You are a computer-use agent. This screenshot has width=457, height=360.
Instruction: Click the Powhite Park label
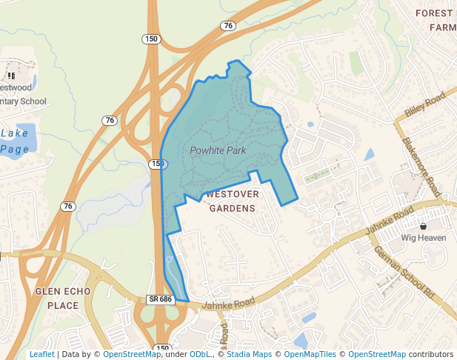point(217,150)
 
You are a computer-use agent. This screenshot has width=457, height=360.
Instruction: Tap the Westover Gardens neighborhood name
point(232,201)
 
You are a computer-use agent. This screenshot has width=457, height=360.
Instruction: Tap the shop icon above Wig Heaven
point(423,226)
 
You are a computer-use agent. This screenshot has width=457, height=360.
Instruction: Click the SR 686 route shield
point(159,299)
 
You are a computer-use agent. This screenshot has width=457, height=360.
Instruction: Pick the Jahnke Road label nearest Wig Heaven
point(388,221)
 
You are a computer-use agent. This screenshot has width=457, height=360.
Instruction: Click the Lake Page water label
point(15,141)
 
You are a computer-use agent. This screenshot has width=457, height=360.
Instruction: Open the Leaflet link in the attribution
point(41,354)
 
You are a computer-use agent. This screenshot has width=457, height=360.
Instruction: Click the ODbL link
point(199,354)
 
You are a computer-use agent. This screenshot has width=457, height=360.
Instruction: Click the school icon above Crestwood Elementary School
point(11,76)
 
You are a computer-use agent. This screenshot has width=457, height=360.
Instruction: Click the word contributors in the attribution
point(431,354)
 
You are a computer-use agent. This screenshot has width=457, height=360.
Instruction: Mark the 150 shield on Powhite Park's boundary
point(156,163)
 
